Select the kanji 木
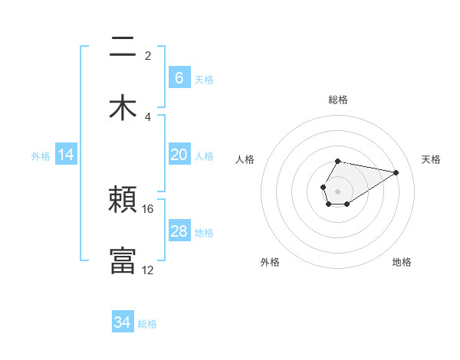point(123,106)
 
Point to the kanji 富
point(123,260)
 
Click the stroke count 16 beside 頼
point(148,208)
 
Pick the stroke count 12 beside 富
point(148,270)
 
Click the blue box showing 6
point(179,77)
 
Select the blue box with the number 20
point(179,155)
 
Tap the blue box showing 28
point(179,231)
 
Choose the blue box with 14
point(66,155)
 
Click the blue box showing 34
point(123,322)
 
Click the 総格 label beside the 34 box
point(148,324)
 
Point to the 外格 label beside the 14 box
point(41,155)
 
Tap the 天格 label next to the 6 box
point(204,79)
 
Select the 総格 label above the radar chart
point(338,100)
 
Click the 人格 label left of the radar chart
point(245,159)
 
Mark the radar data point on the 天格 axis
point(396,172)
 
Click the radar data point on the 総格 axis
point(338,161)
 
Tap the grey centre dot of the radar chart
point(338,190)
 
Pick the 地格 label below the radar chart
point(402,262)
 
